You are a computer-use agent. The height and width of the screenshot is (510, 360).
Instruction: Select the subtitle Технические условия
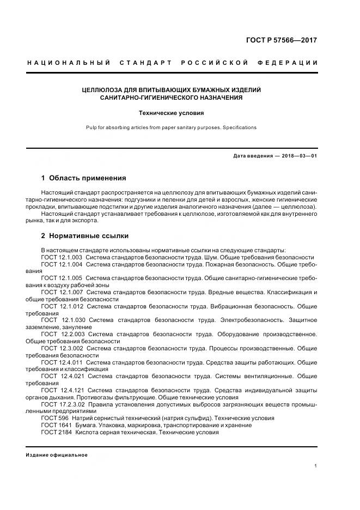coord(171,113)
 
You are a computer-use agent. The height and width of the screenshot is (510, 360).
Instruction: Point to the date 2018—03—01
coord(298,156)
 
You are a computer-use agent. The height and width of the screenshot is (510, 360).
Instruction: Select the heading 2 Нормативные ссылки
coord(84,236)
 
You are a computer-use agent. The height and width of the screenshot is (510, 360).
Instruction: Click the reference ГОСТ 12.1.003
coord(62,257)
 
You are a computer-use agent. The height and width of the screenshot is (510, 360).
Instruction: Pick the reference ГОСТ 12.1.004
coord(62,264)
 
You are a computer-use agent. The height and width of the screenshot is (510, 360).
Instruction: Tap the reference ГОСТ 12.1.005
coord(62,278)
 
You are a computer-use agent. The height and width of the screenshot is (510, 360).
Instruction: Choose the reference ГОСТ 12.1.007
coord(62,292)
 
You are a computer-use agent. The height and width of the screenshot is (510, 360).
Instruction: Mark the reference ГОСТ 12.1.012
coord(62,306)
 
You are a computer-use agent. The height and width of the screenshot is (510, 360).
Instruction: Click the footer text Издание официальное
coord(56,455)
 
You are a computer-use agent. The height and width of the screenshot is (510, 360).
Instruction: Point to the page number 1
coord(316,466)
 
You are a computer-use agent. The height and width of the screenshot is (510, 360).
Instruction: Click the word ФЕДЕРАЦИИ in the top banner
coord(291,63)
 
